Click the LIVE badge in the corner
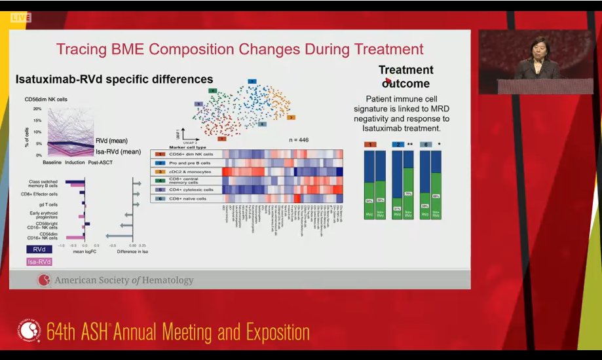pyautogui.click(x=20, y=18)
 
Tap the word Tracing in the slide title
pyautogui.click(x=83, y=49)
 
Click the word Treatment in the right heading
pyautogui.click(x=406, y=70)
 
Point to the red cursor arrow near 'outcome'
pyautogui.click(x=388, y=81)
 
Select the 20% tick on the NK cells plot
pyautogui.click(x=37, y=109)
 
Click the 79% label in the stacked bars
pyautogui.click(x=408, y=194)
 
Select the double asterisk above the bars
pyautogui.click(x=409, y=144)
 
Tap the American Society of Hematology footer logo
pyautogui.click(x=45, y=280)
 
